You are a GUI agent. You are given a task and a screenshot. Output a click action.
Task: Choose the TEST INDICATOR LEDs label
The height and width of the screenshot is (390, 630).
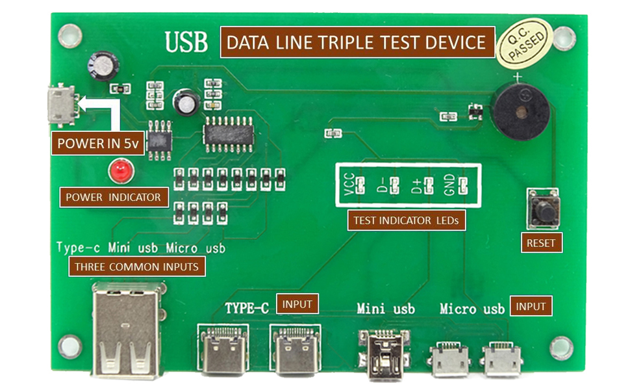point(405,220)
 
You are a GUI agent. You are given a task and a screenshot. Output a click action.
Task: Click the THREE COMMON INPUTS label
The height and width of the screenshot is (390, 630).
point(136,266)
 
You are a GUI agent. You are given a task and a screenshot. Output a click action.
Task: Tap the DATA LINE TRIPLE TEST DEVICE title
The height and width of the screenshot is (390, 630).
point(357,43)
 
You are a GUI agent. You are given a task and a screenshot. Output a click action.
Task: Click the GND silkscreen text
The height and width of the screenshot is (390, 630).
point(448,187)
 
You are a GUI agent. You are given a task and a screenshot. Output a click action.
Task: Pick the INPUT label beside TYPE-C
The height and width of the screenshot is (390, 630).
point(297,304)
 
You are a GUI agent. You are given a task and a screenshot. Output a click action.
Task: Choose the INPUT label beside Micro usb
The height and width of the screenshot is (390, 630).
point(531,305)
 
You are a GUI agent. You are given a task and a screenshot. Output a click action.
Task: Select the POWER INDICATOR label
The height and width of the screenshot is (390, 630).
point(113,197)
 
